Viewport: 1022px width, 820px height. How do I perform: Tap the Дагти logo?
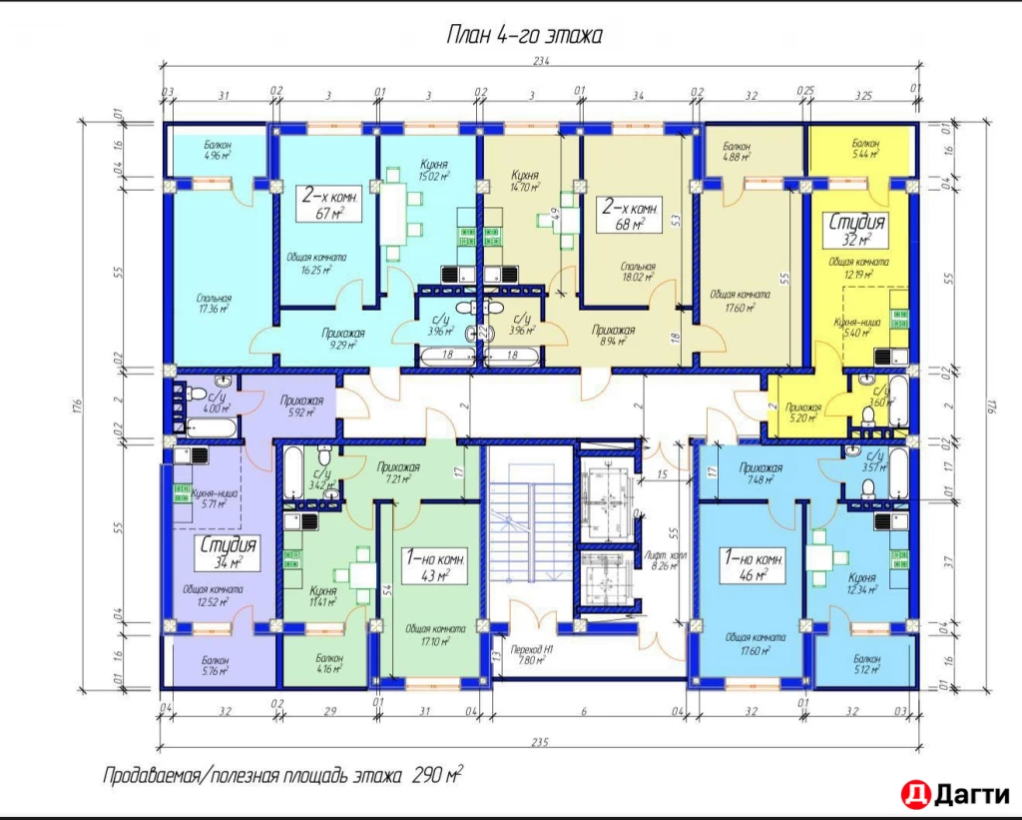click(953, 794)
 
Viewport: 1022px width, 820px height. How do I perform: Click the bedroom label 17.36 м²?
click(215, 304)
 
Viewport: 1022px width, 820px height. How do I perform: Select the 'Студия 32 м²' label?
click(856, 231)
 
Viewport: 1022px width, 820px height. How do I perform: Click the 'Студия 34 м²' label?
click(228, 554)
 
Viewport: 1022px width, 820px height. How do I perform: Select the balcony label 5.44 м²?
click(865, 150)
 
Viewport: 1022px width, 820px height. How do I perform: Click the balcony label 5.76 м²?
click(215, 665)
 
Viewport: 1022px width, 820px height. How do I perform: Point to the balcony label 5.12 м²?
click(863, 664)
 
